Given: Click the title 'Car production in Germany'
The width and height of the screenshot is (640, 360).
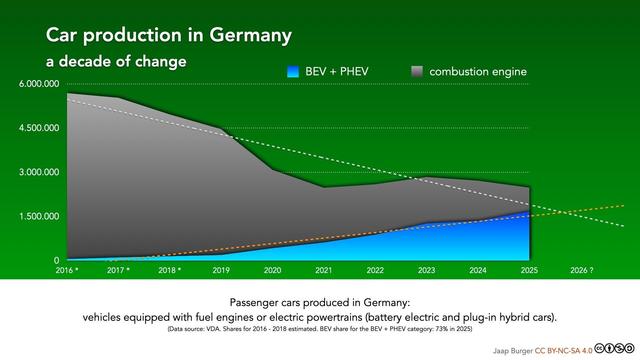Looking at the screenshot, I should (169, 35).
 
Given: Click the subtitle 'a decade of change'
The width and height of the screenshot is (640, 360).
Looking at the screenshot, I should (116, 62).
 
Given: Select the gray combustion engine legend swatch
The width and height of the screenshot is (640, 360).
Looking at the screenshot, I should (417, 72).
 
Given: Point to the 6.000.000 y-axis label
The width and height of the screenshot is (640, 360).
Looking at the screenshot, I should (39, 84).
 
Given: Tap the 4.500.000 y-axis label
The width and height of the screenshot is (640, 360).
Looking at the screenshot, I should (39, 128).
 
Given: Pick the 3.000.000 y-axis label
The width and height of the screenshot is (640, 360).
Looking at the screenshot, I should (39, 172).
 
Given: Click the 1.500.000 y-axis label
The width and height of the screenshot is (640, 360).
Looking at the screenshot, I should (39, 216).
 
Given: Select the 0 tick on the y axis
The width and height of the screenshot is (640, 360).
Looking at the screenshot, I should (56, 260).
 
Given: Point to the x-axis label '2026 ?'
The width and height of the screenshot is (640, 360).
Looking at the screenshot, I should (581, 270).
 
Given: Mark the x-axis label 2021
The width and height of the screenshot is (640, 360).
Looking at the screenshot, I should (322, 270).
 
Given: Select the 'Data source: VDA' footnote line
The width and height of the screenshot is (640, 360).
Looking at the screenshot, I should (320, 328).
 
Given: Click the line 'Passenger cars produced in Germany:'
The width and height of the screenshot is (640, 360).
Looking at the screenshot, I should (320, 301).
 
